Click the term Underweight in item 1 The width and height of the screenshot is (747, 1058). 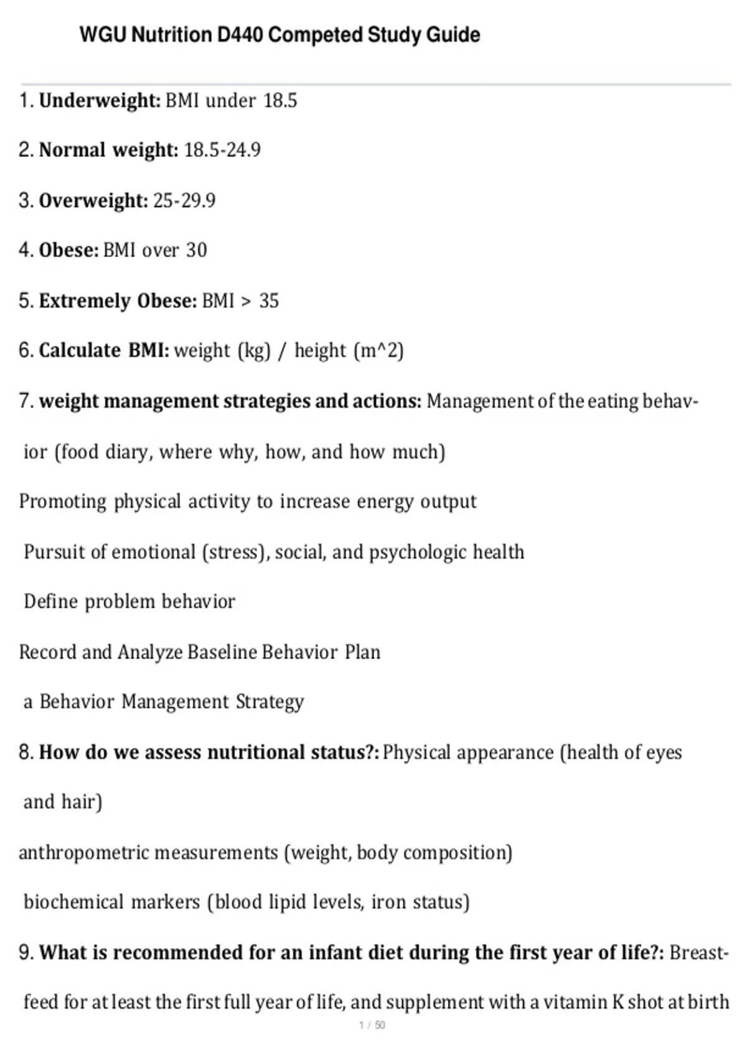pyautogui.click(x=100, y=100)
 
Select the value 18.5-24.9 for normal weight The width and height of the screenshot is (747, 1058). pyautogui.click(x=222, y=150)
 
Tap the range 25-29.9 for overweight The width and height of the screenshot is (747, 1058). pyautogui.click(x=184, y=200)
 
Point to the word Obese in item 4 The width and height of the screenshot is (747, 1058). pyautogui.click(x=68, y=250)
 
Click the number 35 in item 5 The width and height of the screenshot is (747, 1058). pyautogui.click(x=269, y=301)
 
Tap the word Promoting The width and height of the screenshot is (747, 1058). pyautogui.click(x=62, y=502)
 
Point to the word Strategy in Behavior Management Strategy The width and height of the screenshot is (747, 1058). pyautogui.click(x=270, y=702)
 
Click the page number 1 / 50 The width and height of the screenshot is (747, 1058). pyautogui.click(x=372, y=1025)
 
